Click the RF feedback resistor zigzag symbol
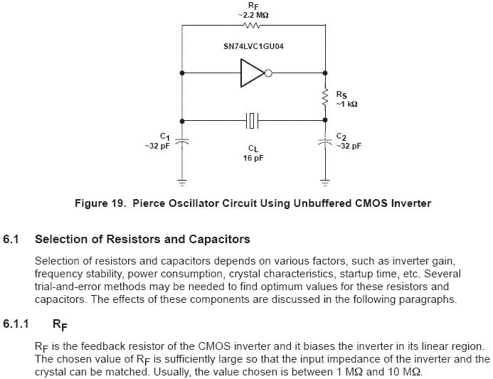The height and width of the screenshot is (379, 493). point(252,25)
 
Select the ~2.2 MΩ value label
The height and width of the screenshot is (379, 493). point(253,15)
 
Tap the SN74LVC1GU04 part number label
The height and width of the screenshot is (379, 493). point(253,46)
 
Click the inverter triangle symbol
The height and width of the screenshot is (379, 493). point(253,73)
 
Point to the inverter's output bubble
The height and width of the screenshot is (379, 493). point(268,73)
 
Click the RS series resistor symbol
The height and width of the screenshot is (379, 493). point(325,97)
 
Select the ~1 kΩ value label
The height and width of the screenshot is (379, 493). point(346,104)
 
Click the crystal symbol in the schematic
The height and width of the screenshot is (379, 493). point(252,121)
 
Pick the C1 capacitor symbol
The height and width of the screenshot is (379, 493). point(182,141)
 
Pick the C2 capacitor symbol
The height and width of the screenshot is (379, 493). point(325,142)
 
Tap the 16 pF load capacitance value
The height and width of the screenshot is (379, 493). point(253,158)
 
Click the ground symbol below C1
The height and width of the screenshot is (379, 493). point(182,183)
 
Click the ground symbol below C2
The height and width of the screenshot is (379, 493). point(325,183)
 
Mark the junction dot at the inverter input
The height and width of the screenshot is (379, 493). point(182,73)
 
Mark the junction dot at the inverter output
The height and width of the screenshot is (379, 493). point(325,73)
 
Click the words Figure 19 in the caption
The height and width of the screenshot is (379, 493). point(100,203)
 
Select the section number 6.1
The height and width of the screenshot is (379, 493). point(11,239)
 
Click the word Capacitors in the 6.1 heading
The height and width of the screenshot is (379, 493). point(219,239)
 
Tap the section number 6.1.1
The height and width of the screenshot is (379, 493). point(16,324)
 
